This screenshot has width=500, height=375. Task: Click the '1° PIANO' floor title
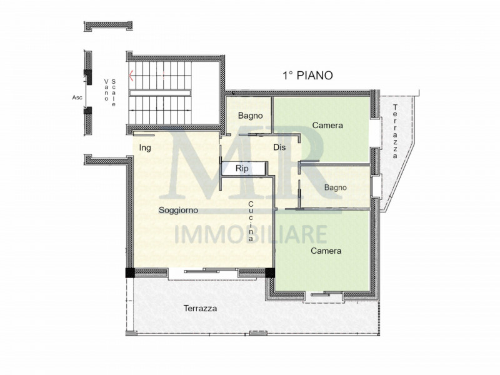click(307, 75)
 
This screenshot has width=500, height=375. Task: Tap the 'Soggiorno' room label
click(178, 209)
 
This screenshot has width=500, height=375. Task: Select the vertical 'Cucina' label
click(251, 222)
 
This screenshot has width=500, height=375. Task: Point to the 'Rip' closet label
click(242, 169)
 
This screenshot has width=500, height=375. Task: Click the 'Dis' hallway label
click(279, 147)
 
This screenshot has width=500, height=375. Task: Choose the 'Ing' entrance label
click(145, 147)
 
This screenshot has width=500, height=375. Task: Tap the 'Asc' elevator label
click(77, 97)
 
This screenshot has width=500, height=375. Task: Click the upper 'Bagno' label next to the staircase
click(250, 116)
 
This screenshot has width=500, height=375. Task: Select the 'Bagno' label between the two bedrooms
click(336, 187)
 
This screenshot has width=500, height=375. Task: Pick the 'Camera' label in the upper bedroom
click(327, 126)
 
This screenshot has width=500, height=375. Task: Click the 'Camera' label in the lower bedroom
click(326, 251)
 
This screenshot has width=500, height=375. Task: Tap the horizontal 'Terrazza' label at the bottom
click(200, 309)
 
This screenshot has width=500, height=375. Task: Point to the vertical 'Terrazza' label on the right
click(395, 132)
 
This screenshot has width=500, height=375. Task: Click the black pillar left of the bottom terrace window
click(129, 272)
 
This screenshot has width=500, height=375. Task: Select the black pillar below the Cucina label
click(270, 272)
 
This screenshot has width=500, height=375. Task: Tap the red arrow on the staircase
click(131, 77)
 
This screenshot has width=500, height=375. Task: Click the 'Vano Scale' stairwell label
click(111, 91)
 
